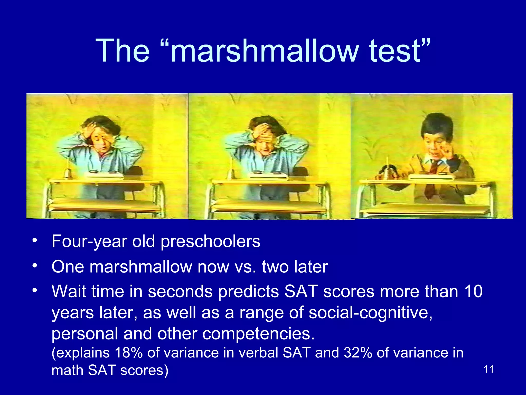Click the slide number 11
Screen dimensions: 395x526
tap(489, 370)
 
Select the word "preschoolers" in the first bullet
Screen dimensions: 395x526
tap(210, 241)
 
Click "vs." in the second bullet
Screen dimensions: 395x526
tap(246, 267)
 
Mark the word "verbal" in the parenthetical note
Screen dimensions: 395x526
tap(258, 353)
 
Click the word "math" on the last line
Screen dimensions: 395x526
tap(67, 370)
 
